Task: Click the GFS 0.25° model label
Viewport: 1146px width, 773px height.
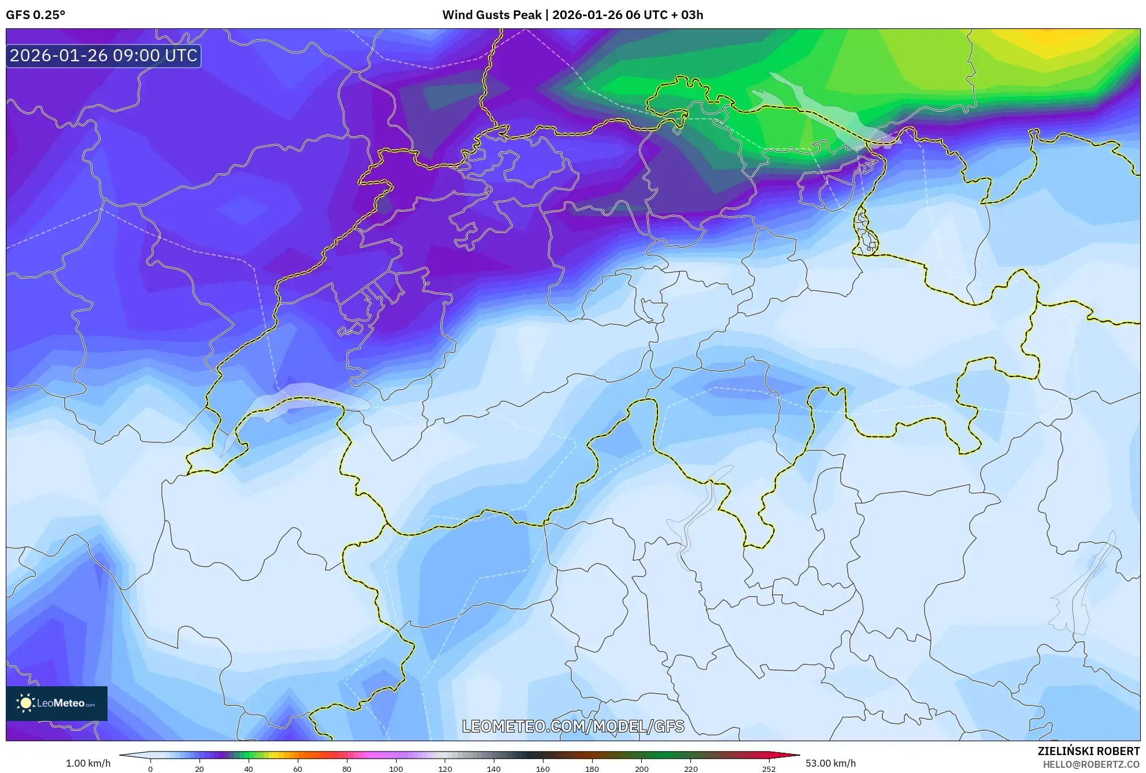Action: (x=35, y=15)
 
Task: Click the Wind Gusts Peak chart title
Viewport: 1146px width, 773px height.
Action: (x=572, y=15)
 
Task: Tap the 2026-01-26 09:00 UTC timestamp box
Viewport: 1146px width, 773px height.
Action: (x=103, y=56)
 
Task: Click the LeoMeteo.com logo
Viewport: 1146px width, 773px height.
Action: (x=57, y=703)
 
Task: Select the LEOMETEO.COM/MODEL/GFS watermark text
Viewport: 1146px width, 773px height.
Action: (x=573, y=726)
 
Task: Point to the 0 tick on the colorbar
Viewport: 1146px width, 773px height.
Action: (x=150, y=768)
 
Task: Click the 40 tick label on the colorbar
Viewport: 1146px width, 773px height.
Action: (x=248, y=768)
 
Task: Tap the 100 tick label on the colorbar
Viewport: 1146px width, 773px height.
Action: (x=395, y=768)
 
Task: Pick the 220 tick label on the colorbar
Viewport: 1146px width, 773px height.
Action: (x=690, y=768)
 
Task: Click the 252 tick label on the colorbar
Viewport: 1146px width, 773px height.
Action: (x=768, y=768)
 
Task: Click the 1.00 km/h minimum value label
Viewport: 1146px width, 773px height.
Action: (x=88, y=763)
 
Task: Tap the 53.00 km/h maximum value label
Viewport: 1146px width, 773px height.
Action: (x=830, y=763)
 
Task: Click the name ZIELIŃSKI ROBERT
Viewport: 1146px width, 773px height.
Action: (x=1088, y=751)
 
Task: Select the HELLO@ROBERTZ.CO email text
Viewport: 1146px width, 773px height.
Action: (x=1091, y=764)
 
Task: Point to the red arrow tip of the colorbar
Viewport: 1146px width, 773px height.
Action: (x=798, y=755)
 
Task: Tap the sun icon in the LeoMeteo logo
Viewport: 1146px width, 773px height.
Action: (x=25, y=703)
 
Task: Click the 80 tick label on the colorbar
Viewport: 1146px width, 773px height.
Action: (x=346, y=768)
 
